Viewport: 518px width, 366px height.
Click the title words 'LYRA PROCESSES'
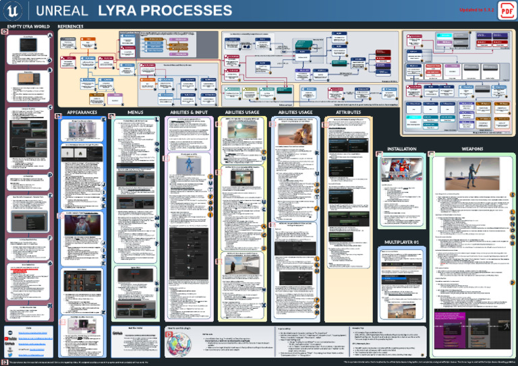(165, 11)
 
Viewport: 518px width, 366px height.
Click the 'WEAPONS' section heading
(471, 148)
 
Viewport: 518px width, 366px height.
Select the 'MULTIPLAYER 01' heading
(401, 241)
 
